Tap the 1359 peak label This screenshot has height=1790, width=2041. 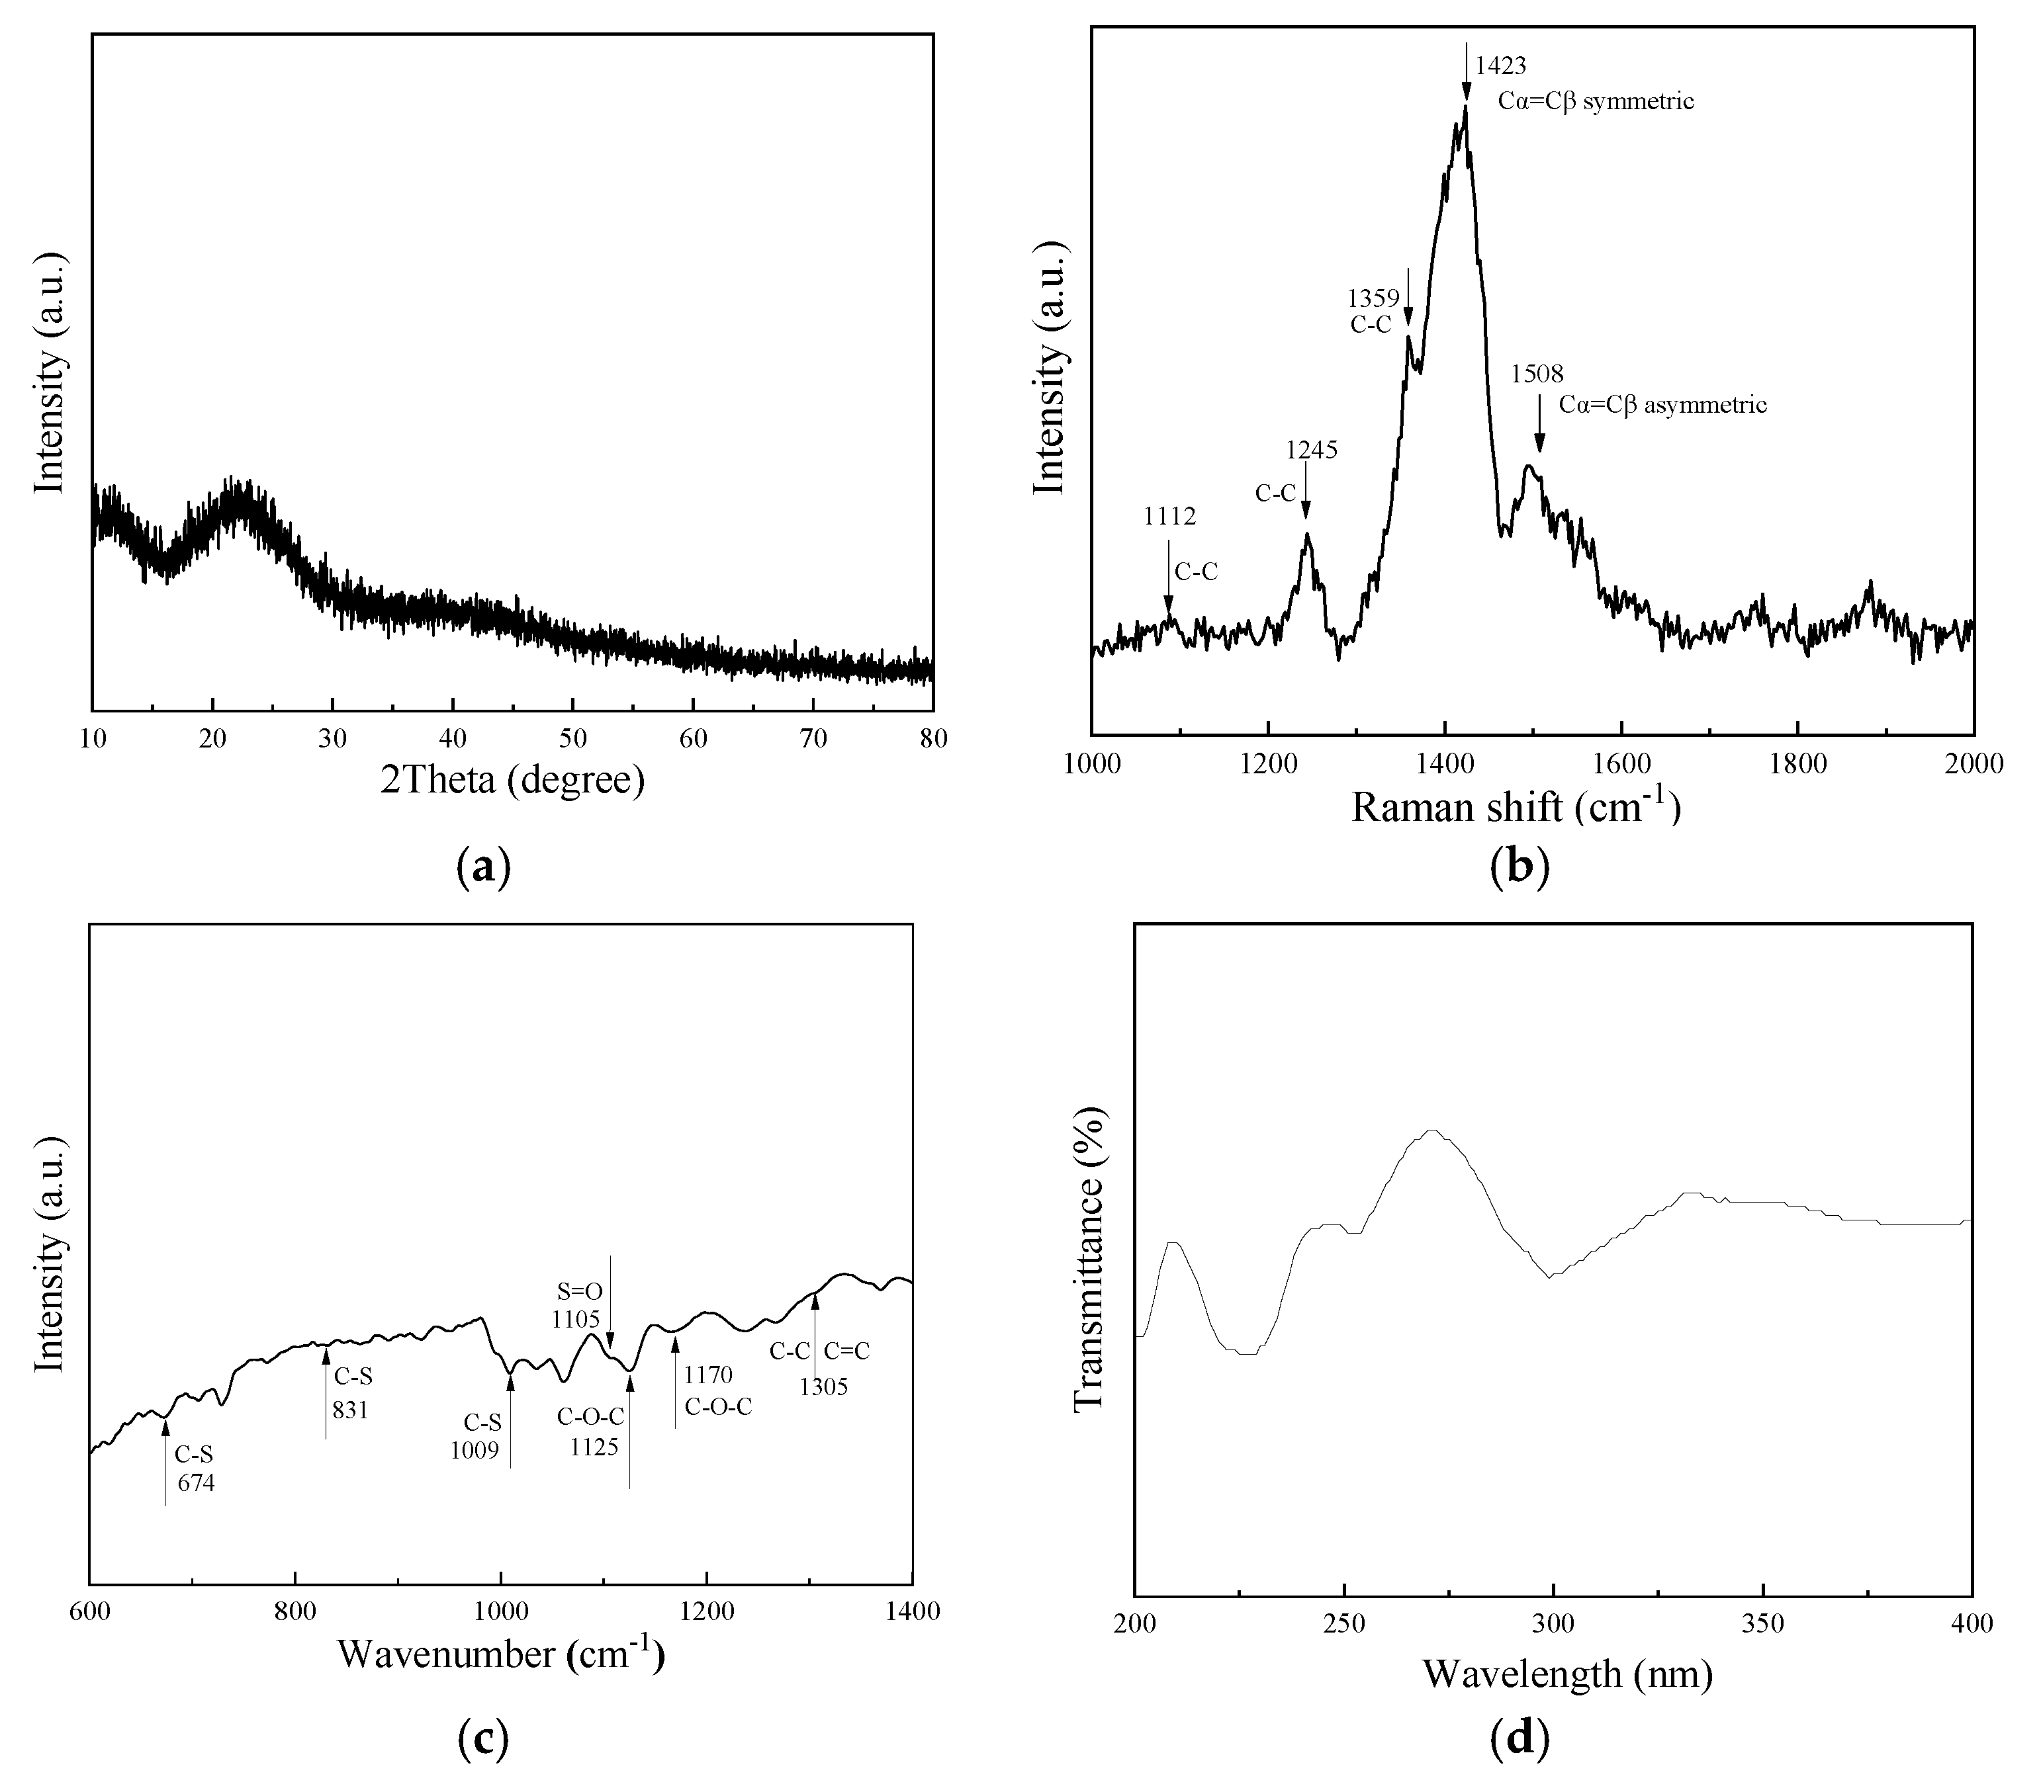1373,298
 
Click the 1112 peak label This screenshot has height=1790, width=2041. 1169,516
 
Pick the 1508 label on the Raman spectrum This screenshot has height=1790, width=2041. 1537,374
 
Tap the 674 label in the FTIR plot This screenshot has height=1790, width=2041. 197,1482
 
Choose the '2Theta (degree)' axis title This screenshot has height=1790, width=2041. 512,780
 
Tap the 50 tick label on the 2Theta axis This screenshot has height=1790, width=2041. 572,739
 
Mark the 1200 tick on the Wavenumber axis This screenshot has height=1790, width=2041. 707,1611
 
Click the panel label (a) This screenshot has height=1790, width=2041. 482,867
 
